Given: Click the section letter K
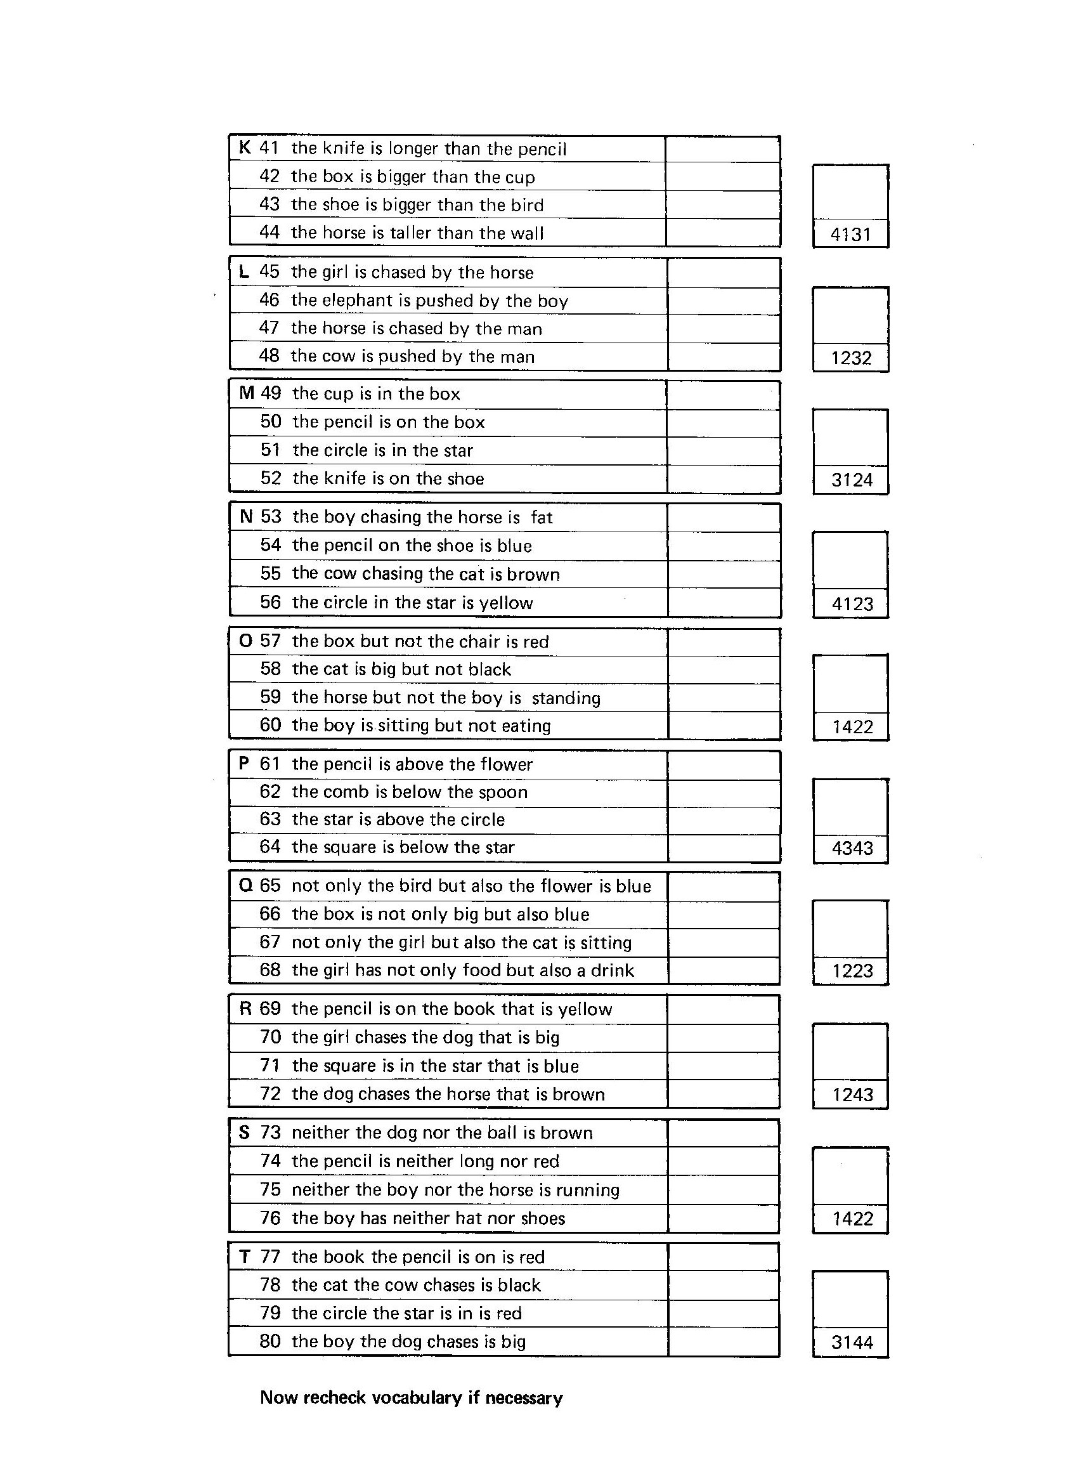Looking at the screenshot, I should click(x=245, y=148).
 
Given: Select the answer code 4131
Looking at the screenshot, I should click(x=850, y=235).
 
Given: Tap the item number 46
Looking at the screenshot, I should click(x=269, y=300).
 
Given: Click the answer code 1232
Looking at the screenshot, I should click(x=851, y=358).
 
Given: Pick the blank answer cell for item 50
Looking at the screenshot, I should click(x=723, y=422).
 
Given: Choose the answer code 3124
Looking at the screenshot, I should click(x=852, y=481).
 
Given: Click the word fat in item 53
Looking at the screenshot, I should click(x=542, y=518).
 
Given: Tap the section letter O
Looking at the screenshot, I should click(x=246, y=641).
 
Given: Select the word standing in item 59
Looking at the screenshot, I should click(x=566, y=698).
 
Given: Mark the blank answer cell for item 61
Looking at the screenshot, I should click(x=724, y=764).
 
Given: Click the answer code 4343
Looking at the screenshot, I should click(x=852, y=849).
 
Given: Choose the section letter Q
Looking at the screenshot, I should click(x=246, y=886).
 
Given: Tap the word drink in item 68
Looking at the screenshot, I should click(x=612, y=970).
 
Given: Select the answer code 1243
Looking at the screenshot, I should click(x=852, y=1095).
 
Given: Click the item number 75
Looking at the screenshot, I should click(x=270, y=1189).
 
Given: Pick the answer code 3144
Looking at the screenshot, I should click(x=852, y=1343).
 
